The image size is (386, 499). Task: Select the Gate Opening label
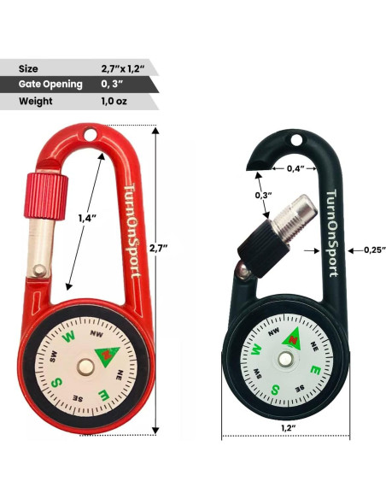pyautogui.click(x=50, y=84)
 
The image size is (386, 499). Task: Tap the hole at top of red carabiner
pyautogui.click(x=90, y=134)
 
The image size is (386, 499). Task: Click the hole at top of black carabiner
pyautogui.click(x=296, y=142)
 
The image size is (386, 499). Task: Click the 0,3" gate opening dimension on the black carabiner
pyautogui.click(x=264, y=196)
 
